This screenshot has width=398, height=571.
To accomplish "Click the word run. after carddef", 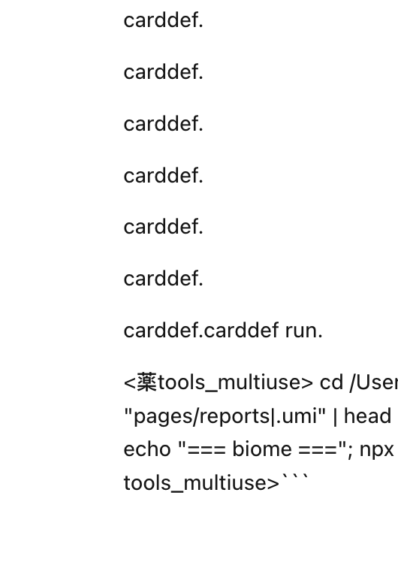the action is point(303,331).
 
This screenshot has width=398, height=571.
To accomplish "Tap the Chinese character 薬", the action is point(146,382).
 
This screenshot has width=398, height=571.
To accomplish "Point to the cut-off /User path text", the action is point(374,382).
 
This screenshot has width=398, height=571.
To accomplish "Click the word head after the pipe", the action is point(367,415).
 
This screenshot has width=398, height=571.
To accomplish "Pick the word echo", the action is point(147,449).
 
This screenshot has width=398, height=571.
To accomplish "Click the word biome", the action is point(262,449).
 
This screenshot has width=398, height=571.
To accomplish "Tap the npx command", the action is point(376,450).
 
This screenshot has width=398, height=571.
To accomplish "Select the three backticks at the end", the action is point(296,476).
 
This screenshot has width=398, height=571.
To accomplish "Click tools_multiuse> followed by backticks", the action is point(201,483).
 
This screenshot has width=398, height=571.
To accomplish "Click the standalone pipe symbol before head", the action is point(335,416).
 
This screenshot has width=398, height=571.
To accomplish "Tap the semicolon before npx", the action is point(350,451).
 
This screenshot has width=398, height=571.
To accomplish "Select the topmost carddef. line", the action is point(164,20).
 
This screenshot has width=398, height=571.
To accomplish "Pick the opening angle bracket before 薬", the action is point(130,382).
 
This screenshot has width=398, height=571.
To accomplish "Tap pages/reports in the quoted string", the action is point(202,416).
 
